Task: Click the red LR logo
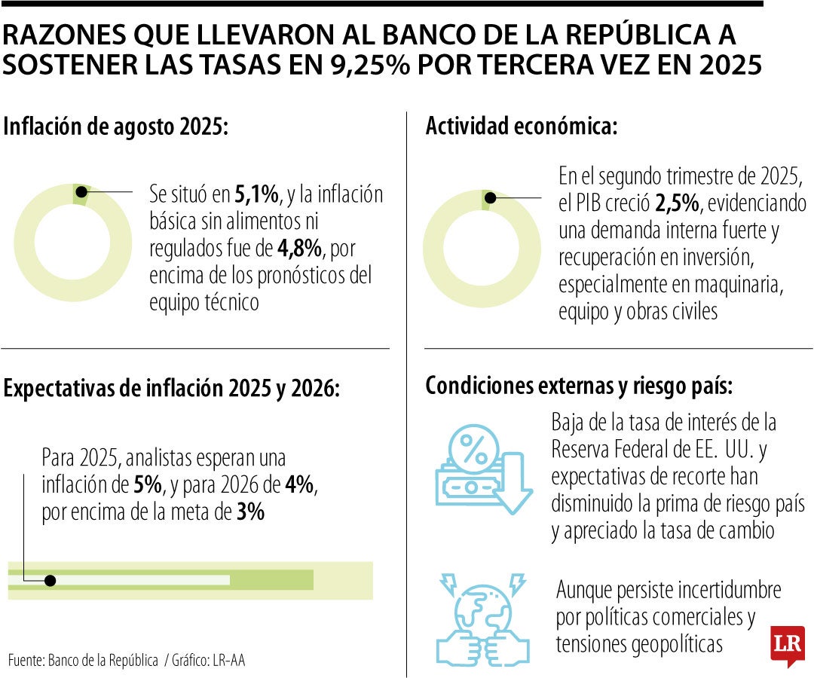[787, 646]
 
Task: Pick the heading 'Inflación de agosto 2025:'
[115, 127]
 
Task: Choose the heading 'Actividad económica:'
[521, 127]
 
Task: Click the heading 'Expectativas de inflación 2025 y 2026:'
[172, 388]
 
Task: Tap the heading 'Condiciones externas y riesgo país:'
[579, 386]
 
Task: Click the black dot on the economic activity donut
[490, 198]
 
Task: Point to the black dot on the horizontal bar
[50, 580]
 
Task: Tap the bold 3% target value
[250, 512]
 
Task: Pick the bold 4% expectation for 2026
[299, 485]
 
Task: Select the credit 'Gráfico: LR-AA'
[208, 661]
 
